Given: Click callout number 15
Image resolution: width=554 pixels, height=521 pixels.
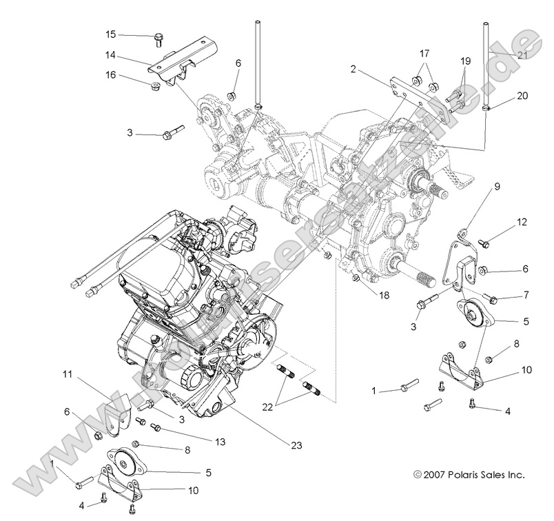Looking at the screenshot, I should (111, 34).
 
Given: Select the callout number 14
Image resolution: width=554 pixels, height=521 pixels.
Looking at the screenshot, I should (110, 56).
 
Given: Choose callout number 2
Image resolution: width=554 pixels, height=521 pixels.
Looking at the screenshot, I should (353, 69).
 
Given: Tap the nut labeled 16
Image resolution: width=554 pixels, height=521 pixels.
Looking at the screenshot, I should (156, 87).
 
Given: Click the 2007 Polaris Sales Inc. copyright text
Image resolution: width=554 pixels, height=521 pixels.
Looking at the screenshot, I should (469, 475).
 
